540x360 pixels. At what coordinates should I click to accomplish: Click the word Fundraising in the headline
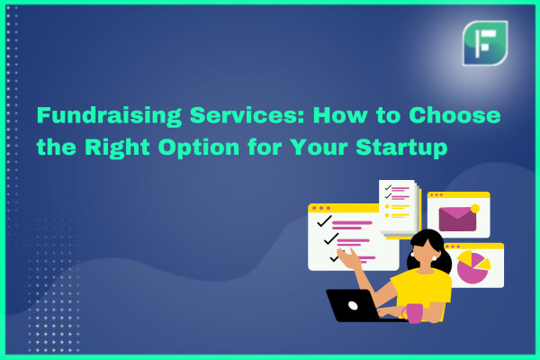tap(109, 116)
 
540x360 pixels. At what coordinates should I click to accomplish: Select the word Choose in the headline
tap(454, 115)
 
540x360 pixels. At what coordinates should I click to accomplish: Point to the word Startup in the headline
tap(401, 148)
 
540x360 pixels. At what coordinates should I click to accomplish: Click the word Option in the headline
tap(199, 148)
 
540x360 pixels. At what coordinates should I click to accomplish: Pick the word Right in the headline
tap(117, 148)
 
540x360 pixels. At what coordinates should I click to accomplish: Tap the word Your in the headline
tap(319, 147)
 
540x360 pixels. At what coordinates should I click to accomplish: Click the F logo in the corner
tap(485, 43)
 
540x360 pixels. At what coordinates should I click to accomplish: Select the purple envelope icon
tap(457, 219)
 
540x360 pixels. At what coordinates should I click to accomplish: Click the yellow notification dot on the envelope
tap(475, 209)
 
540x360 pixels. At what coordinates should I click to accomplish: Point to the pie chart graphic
tap(472, 267)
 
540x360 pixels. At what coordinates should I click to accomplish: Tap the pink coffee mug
tap(412, 313)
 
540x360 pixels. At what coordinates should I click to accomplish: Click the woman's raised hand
tap(348, 257)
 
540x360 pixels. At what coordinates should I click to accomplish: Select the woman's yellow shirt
tap(422, 290)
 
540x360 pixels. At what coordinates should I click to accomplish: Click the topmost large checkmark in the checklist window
tap(324, 221)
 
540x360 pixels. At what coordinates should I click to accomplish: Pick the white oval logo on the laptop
tap(353, 305)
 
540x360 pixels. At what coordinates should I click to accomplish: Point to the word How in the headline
tap(340, 115)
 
